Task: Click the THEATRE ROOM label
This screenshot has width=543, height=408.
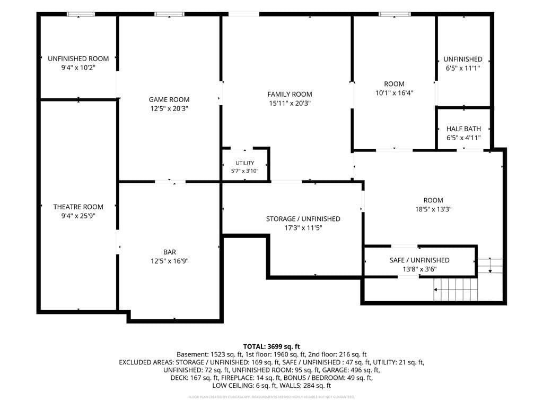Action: tap(78, 207)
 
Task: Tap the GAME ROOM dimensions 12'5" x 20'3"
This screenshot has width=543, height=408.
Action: tap(169, 108)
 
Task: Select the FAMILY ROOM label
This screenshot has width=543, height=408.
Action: tap(290, 95)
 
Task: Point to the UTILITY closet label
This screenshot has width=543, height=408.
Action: tap(245, 163)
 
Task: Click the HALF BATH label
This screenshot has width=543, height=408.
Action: tap(463, 129)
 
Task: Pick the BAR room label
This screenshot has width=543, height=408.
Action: tap(170, 252)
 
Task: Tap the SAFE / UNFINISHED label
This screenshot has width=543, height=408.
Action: tap(419, 260)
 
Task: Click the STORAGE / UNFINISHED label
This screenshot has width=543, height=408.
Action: tap(303, 219)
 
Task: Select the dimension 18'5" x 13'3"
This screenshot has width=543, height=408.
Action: tap(433, 209)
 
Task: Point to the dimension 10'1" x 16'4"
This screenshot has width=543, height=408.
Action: tap(395, 93)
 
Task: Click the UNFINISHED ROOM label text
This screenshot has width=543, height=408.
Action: tap(78, 58)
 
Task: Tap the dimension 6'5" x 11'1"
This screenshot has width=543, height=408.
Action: tap(463, 69)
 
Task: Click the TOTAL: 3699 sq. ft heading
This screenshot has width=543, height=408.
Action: tap(271, 346)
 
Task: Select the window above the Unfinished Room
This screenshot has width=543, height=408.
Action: tap(81, 14)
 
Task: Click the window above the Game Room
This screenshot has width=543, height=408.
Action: tap(169, 14)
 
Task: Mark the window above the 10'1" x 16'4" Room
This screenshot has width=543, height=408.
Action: tap(395, 14)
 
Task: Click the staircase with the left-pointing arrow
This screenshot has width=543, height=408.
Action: tap(456, 290)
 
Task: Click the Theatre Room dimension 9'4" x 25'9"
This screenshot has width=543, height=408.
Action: tap(78, 216)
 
